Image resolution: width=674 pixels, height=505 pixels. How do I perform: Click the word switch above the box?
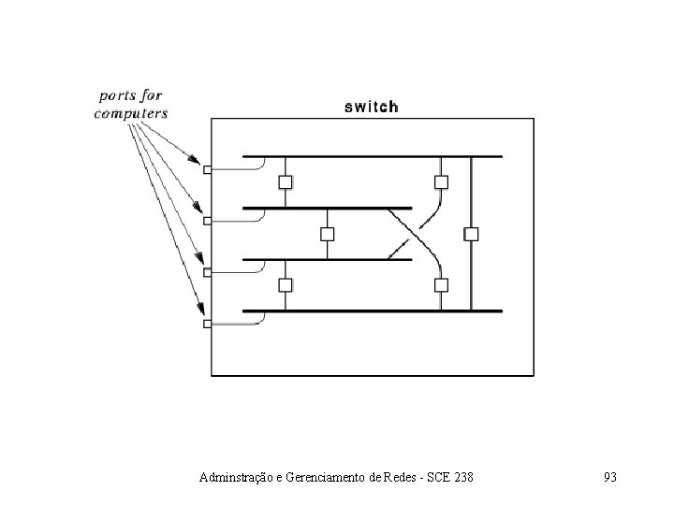pyautogui.click(x=372, y=107)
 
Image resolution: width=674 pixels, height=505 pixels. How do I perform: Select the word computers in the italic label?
pyautogui.click(x=131, y=113)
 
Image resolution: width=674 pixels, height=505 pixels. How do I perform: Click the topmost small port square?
pyautogui.click(x=207, y=169)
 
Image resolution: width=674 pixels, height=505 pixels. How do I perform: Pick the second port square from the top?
pyautogui.click(x=207, y=221)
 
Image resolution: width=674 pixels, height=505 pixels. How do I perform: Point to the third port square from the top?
pyautogui.click(x=207, y=272)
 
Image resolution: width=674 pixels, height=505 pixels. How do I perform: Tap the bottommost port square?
pyautogui.click(x=207, y=324)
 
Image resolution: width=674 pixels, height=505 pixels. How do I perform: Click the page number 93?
pyautogui.click(x=610, y=478)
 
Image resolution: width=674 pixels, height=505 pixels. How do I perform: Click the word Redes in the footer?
pyautogui.click(x=404, y=478)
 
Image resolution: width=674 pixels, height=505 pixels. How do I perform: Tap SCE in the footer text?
pyautogui.click(x=435, y=478)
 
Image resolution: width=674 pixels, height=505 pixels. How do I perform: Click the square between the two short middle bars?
pyautogui.click(x=327, y=233)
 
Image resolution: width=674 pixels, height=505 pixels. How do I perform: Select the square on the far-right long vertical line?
pyautogui.click(x=472, y=233)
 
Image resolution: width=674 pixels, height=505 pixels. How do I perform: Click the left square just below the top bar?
pyautogui.click(x=286, y=181)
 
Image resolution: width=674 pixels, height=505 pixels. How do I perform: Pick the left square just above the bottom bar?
pyautogui.click(x=286, y=284)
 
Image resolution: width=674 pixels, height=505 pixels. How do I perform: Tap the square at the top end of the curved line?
pyautogui.click(x=439, y=181)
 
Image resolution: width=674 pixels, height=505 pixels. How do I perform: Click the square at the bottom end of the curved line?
pyautogui.click(x=439, y=284)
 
